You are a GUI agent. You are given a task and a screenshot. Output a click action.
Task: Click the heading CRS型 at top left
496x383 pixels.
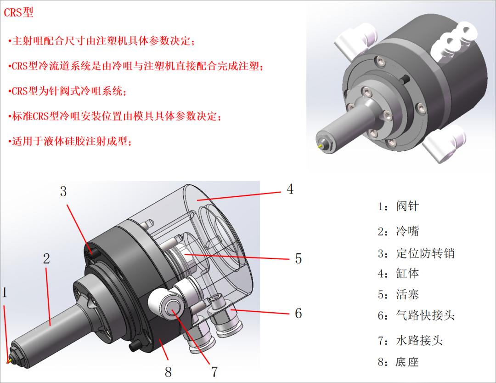click(19, 12)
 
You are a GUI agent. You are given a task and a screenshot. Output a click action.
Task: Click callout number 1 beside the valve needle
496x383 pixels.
click(5, 292)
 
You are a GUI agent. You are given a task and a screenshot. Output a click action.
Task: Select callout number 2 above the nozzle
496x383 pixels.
click(46, 258)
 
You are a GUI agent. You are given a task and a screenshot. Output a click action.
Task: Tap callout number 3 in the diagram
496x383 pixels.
click(63, 191)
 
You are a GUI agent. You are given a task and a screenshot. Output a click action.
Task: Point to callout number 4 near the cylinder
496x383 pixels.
click(290, 189)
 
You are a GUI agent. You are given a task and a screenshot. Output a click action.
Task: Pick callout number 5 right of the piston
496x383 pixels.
click(298, 258)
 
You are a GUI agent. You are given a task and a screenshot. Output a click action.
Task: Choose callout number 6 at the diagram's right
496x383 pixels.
click(298, 314)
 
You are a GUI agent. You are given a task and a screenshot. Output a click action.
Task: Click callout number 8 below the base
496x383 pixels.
click(168, 372)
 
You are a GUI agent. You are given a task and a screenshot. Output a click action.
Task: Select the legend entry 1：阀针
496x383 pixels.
click(398, 206)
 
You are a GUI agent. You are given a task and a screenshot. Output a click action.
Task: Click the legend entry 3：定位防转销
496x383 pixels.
click(416, 253)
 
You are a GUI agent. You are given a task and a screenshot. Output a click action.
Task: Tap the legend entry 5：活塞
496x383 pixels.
click(398, 294)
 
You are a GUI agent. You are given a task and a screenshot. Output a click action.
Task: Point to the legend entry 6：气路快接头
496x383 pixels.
click(416, 315)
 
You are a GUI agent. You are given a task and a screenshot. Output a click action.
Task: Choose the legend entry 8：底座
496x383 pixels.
click(398, 362)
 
